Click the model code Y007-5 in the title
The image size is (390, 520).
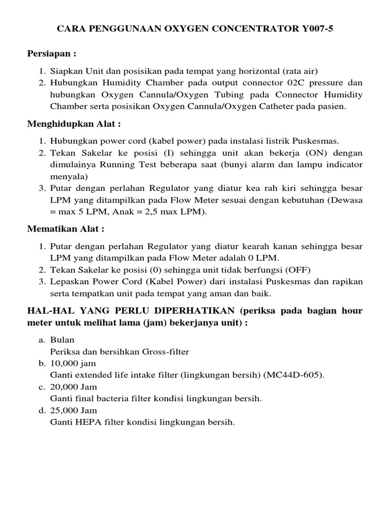pyautogui.click(x=316, y=29)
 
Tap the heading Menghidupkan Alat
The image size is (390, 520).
pyautogui.click(x=74, y=124)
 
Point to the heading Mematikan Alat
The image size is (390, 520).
pyautogui.click(x=66, y=229)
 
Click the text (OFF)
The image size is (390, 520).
pyautogui.click(x=298, y=270)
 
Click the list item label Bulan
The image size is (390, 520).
pyautogui.click(x=62, y=340)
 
